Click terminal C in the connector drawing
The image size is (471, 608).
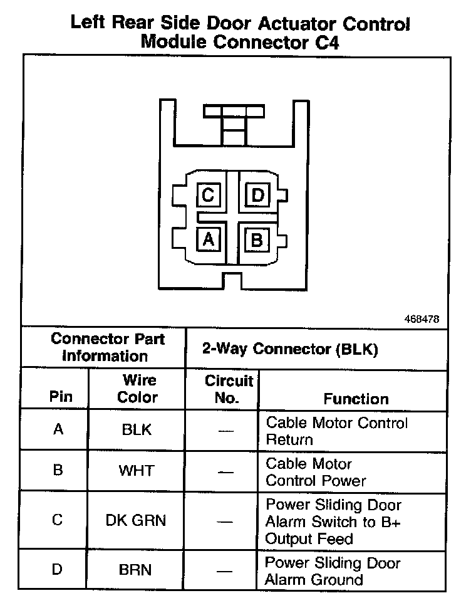[208, 196]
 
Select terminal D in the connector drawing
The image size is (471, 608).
[257, 196]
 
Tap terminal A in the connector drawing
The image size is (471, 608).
[208, 239]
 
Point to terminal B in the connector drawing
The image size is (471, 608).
[256, 239]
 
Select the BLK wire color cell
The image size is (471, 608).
[137, 430]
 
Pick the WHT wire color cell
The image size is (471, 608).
[137, 471]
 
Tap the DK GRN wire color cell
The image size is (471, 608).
[137, 521]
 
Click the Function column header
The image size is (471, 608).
[356, 399]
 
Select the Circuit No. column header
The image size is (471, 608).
[229, 389]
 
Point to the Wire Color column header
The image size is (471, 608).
[138, 389]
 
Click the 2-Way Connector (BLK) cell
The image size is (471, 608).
[290, 349]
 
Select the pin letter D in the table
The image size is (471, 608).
[58, 570]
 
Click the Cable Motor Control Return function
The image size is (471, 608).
[337, 431]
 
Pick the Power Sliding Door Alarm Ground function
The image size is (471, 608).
[332, 571]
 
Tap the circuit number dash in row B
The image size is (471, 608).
[228, 471]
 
